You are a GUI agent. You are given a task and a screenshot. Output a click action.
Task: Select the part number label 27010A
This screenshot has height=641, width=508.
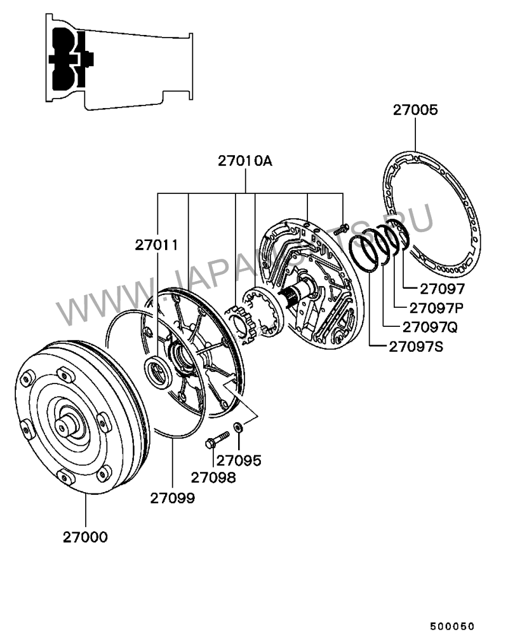[x=245, y=161]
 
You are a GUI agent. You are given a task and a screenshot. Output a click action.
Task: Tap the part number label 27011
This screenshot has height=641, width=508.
[x=156, y=245]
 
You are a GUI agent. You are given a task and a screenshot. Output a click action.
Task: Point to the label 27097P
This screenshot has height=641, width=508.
[x=436, y=308]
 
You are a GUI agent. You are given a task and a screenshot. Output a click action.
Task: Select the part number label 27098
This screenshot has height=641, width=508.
[x=213, y=476]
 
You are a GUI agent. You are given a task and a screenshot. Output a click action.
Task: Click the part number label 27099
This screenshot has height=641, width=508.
[x=173, y=498]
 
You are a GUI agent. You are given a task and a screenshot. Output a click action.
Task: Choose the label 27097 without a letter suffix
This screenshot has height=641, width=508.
[x=429, y=289]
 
